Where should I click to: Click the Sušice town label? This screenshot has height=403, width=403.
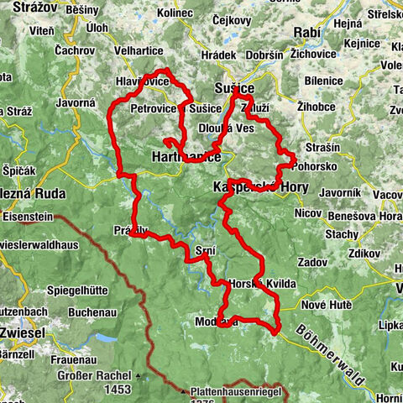click(x=233, y=87)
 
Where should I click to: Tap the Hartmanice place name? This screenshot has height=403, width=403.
click(x=186, y=157)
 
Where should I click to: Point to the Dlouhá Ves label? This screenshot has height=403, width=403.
click(x=226, y=129)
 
